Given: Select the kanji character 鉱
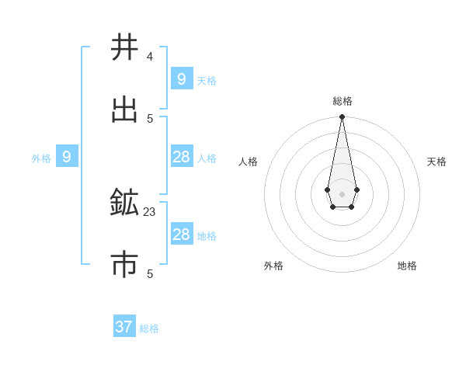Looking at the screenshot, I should click(x=124, y=203).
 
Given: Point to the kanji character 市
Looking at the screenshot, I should click(x=124, y=265).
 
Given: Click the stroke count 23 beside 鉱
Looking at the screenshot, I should click(x=150, y=211).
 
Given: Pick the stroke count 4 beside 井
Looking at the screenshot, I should click(x=150, y=57).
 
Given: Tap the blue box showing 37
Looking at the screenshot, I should click(x=124, y=327).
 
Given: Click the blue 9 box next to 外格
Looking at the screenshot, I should click(x=67, y=158).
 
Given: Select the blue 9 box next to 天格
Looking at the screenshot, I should click(x=182, y=79).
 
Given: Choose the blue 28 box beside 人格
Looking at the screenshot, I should click(x=182, y=157).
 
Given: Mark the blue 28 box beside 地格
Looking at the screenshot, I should click(x=182, y=235).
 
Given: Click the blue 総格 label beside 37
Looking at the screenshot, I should click(x=149, y=328).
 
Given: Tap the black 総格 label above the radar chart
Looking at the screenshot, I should click(x=343, y=101).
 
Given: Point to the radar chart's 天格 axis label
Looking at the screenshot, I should click(x=436, y=162).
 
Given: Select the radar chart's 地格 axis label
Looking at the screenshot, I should click(x=407, y=266).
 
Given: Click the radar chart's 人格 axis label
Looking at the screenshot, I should click(x=248, y=162).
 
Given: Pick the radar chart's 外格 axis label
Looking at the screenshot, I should click(x=273, y=266).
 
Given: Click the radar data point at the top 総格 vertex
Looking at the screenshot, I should click(x=342, y=116).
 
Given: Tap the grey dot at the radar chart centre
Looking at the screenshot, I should click(x=342, y=193).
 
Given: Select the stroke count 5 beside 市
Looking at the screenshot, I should click(x=150, y=273).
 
